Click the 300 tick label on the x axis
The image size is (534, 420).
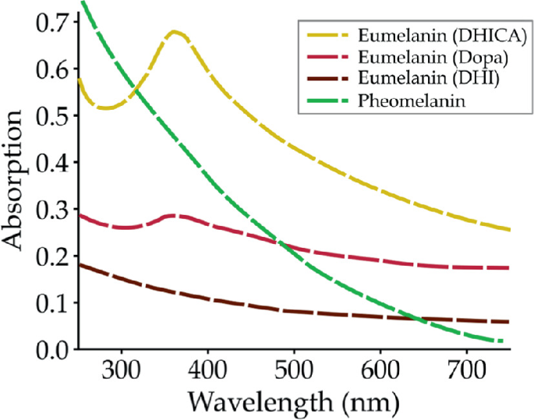(x=122, y=369)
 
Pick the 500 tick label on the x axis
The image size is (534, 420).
(x=293, y=369)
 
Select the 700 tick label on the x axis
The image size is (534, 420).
(x=465, y=369)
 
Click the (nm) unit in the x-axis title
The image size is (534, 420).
(x=366, y=402)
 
